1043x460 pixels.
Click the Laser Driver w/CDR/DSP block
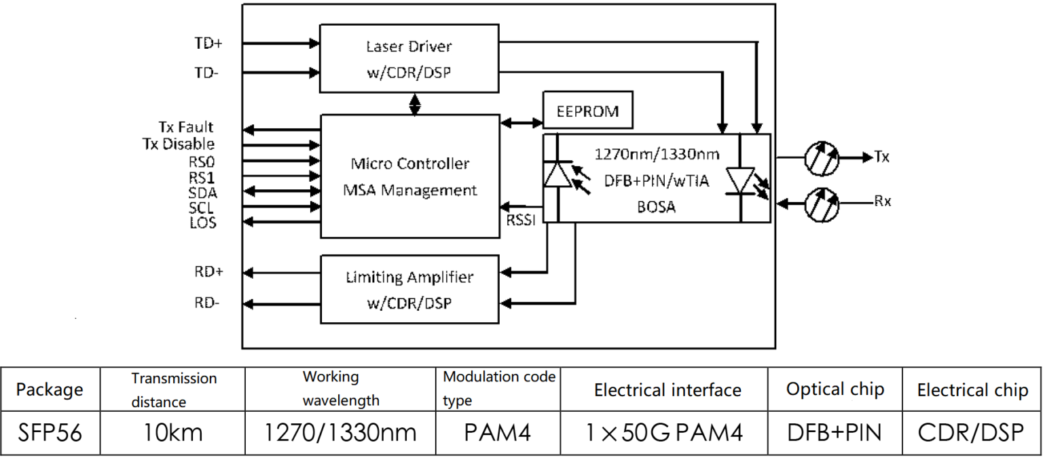pyautogui.click(x=409, y=59)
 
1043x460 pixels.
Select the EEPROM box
pyautogui.click(x=588, y=111)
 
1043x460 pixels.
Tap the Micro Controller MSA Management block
pyautogui.click(x=409, y=176)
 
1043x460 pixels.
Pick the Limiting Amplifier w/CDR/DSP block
pyautogui.click(x=409, y=288)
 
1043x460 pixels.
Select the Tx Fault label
pyautogui.click(x=185, y=127)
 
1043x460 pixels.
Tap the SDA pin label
pyautogui.click(x=202, y=192)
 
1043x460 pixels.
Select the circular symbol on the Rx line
pyautogui.click(x=821, y=202)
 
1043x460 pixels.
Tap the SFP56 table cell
pyautogui.click(x=50, y=432)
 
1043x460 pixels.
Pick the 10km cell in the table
pyautogui.click(x=174, y=432)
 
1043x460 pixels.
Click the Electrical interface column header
pyautogui.click(x=667, y=390)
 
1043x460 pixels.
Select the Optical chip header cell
pyautogui.click(x=835, y=389)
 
